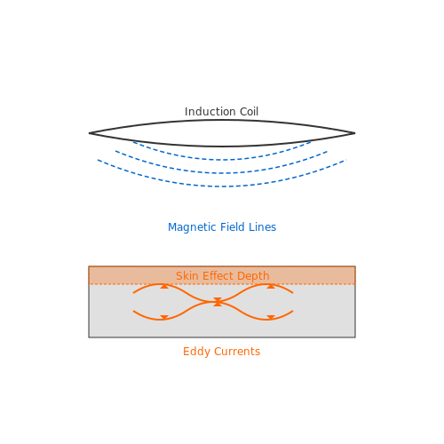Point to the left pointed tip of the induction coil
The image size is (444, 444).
click(x=89, y=133)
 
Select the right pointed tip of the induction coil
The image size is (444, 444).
click(x=355, y=133)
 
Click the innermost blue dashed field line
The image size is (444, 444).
click(x=222, y=160)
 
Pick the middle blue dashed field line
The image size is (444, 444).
click(x=222, y=173)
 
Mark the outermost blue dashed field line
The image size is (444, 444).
click(x=222, y=186)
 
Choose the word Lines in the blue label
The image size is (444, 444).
click(x=262, y=227)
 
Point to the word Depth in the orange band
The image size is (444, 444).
click(x=253, y=276)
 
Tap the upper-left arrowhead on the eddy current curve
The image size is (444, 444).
click(x=164, y=286)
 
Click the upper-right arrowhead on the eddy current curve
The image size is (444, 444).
click(x=271, y=286)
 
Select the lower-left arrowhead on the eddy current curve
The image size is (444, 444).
click(x=164, y=318)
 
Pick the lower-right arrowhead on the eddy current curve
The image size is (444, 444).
click(x=271, y=318)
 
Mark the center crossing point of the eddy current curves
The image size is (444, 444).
click(x=218, y=302)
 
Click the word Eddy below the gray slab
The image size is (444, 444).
click(x=196, y=352)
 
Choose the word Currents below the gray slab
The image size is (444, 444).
click(x=237, y=352)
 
